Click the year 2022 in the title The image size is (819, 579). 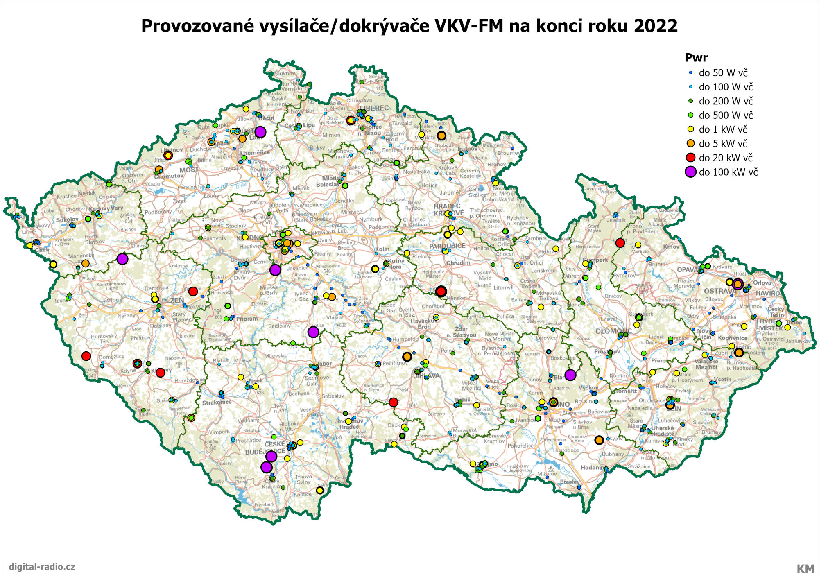tap(655, 26)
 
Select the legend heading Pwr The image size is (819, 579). tap(696, 58)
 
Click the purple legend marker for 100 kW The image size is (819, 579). tap(690, 172)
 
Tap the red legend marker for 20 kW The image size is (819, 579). tap(690, 158)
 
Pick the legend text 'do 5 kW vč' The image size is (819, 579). tap(723, 144)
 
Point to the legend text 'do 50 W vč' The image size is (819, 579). tap(723, 73)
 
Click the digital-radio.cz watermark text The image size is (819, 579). tap(42, 567)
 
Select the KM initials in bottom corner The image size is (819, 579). tap(805, 569)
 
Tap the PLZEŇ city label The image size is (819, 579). tap(173, 301)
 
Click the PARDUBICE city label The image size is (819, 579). tap(447, 246)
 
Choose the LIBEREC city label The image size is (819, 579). tap(375, 108)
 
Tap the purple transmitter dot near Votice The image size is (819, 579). tap(313, 332)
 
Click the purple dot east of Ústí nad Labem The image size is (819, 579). tap(260, 132)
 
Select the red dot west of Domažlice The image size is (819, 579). tap(86, 356)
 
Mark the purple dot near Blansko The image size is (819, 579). tap(570, 375)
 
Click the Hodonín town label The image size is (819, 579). tap(592, 468)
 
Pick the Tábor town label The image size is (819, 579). tap(324, 364)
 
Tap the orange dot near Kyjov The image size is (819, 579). tap(599, 440)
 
